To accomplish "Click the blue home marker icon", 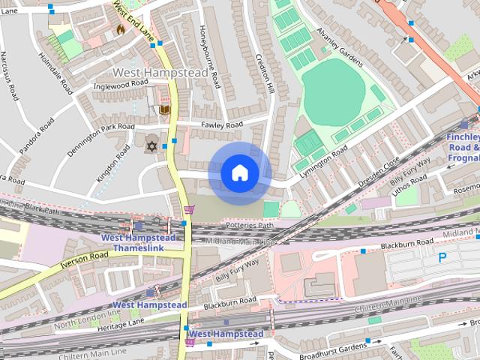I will pos(239,173).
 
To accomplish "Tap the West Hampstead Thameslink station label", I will pos(139,243).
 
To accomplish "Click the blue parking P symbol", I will pos(442,257).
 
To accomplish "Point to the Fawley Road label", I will pos(221,124).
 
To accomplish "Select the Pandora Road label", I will pos(37,136).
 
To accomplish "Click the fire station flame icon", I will pos(120,29).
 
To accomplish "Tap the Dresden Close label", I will pos(381,172).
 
